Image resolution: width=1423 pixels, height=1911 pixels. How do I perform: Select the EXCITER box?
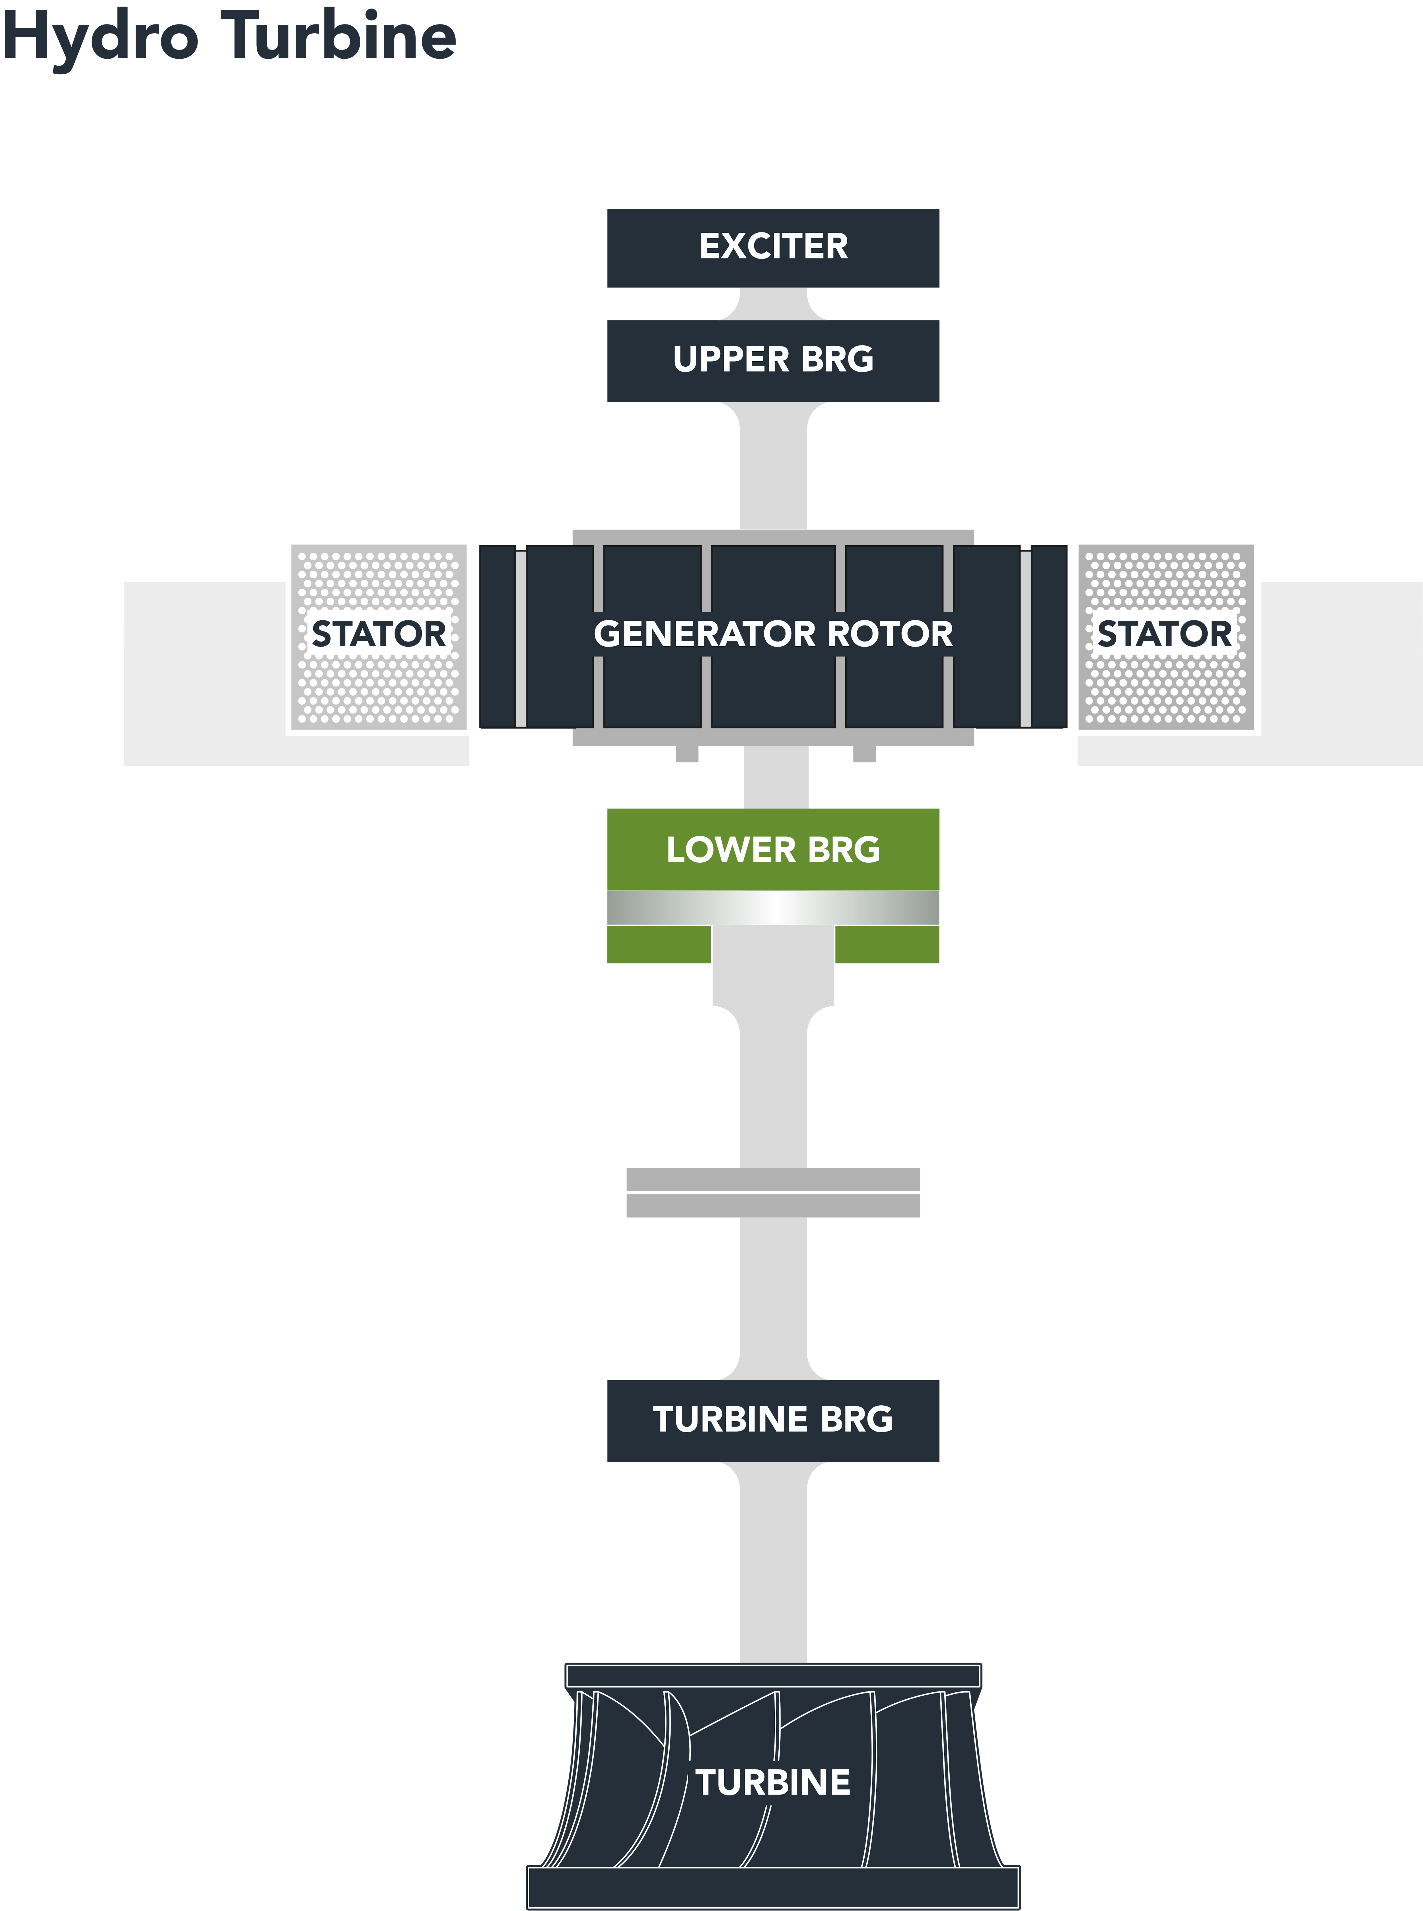pyautogui.click(x=773, y=247)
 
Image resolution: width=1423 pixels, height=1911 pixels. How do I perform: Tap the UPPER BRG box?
pyautogui.click(x=773, y=360)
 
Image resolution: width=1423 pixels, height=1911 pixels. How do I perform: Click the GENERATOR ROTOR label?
pyautogui.click(x=773, y=634)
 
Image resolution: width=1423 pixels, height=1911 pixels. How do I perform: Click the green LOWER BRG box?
pyautogui.click(x=773, y=850)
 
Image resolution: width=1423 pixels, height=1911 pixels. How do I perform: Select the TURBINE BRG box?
pyautogui.click(x=773, y=1420)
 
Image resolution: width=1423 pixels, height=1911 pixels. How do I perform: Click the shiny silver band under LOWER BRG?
pyautogui.click(x=773, y=907)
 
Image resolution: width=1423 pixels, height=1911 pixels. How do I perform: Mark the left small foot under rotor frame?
pyautogui.click(x=686, y=755)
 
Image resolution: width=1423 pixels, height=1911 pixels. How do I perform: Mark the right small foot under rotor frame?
pyautogui.click(x=864, y=755)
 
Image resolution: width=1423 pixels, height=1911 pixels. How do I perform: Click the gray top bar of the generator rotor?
pyautogui.click(x=773, y=537)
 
